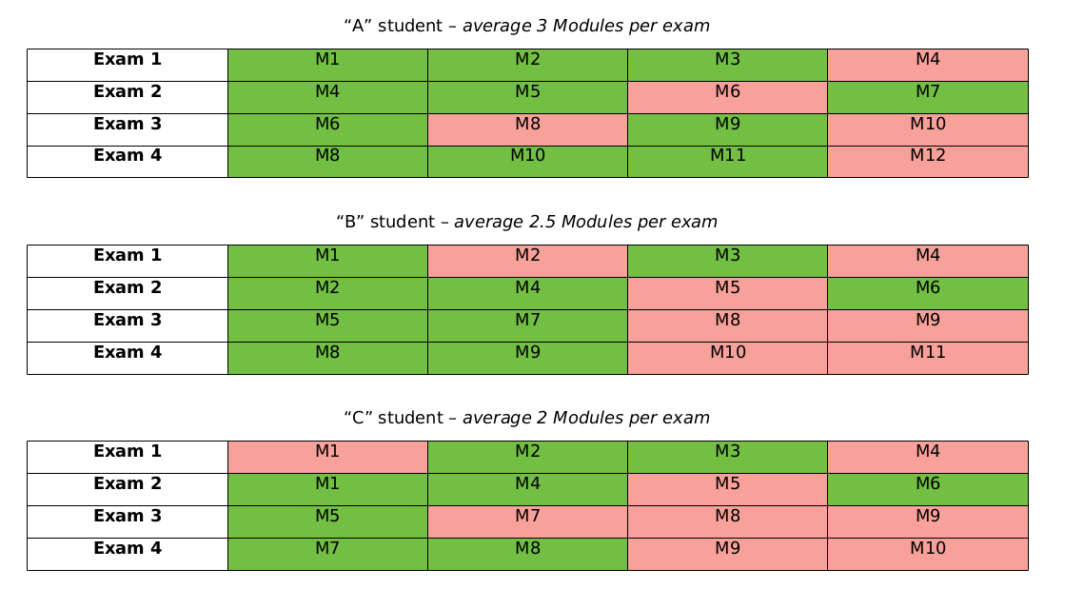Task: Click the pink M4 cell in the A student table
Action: tap(927, 65)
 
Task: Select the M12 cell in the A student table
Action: tap(927, 162)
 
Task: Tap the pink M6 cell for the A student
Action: tap(727, 97)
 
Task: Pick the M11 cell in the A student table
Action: tap(727, 162)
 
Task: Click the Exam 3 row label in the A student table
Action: tap(128, 129)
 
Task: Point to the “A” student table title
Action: tap(526, 26)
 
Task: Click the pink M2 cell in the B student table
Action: tap(527, 261)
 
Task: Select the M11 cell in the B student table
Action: tap(927, 358)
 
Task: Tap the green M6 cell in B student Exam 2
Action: tap(927, 293)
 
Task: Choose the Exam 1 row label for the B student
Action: tap(128, 261)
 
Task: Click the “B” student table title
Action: tap(526, 222)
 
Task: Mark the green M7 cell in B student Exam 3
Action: tap(527, 325)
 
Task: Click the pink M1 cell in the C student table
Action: tap(327, 457)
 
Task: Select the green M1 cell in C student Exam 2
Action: tap(327, 489)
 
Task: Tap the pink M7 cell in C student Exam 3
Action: tap(527, 521)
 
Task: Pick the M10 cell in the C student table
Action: tap(927, 554)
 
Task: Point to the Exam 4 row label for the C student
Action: tap(128, 554)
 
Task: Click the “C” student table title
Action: tap(526, 418)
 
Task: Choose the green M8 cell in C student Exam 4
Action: tap(527, 554)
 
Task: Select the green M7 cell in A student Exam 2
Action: tap(927, 97)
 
